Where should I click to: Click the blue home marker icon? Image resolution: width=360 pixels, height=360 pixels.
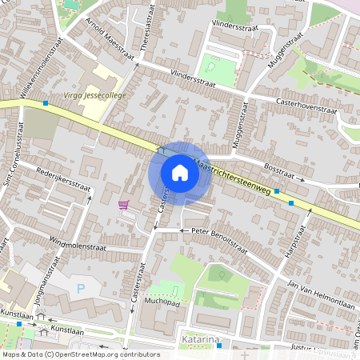pyautogui.click(x=180, y=173)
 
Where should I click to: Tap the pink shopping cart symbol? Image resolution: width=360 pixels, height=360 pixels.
pyautogui.click(x=123, y=205)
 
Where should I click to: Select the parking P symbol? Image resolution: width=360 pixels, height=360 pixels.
pyautogui.click(x=80, y=287)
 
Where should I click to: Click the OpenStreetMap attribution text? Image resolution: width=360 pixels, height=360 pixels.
pyautogui.click(x=81, y=354)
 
